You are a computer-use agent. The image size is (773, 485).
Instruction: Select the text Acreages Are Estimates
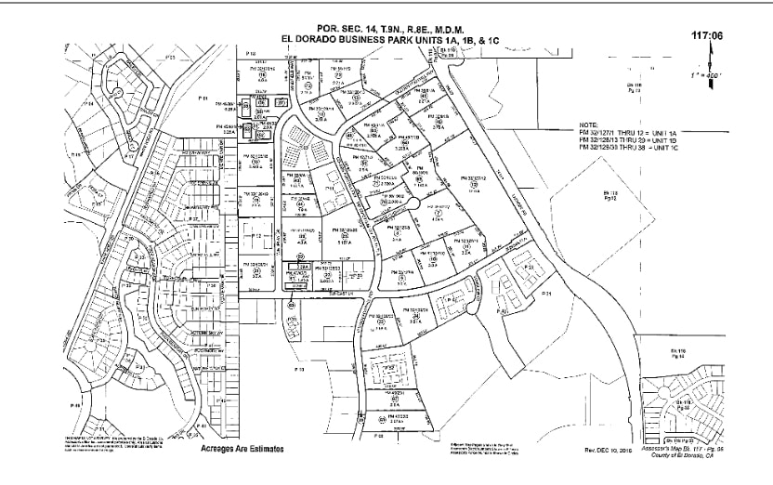242,448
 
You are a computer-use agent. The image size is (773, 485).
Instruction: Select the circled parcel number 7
438,214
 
